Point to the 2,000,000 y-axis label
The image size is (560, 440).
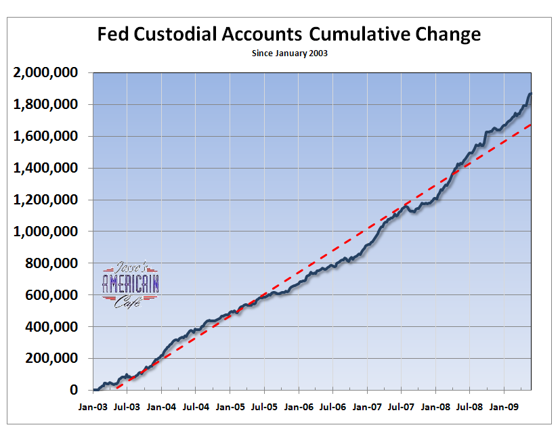point(46,72)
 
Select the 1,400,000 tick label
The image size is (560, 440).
point(46,168)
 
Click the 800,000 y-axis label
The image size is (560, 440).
point(51,263)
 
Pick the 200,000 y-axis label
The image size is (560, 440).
point(51,359)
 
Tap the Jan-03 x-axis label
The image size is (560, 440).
point(93,409)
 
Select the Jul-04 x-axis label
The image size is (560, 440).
point(196,409)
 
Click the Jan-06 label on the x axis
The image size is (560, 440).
point(299,409)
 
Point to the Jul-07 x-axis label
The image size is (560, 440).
point(401,409)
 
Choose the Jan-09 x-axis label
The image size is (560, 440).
point(504,409)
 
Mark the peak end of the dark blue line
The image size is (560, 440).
point(530,94)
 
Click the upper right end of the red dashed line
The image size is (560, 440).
point(531,124)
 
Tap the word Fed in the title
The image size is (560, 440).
point(113,35)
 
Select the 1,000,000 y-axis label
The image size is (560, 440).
point(46,232)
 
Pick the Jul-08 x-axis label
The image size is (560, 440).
point(470,409)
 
